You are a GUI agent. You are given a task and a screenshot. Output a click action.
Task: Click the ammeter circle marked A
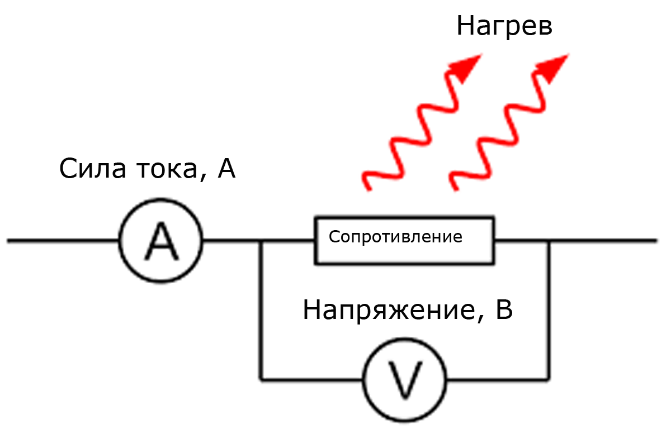click(161, 241)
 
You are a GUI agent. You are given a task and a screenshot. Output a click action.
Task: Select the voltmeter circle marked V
click(405, 380)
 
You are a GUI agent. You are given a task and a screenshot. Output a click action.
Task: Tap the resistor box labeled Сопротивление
click(404, 240)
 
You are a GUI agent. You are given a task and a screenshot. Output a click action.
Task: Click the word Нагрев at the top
click(504, 26)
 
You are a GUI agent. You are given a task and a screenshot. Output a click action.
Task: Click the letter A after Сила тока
click(226, 169)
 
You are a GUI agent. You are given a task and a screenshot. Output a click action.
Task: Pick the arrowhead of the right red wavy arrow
click(555, 66)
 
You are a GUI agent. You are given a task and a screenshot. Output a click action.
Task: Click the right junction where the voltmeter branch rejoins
click(549, 241)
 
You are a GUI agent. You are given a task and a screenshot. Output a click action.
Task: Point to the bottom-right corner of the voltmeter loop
click(549, 380)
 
